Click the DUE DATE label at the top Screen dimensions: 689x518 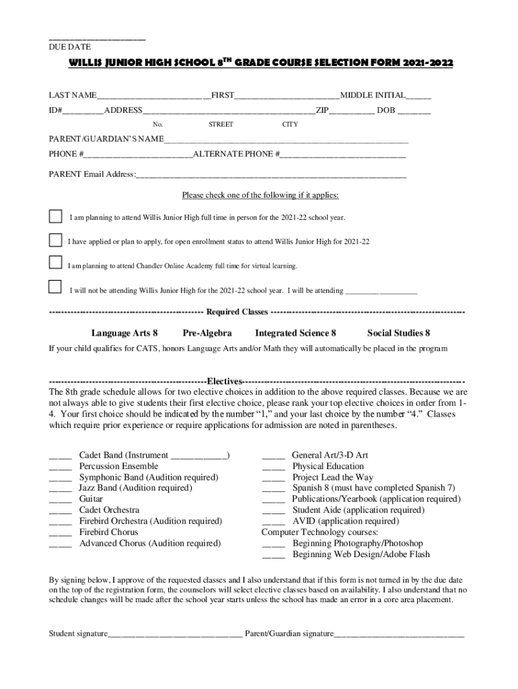[x=69, y=46]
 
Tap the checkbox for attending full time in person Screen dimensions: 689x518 [x=55, y=217]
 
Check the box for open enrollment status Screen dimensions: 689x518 [x=55, y=240]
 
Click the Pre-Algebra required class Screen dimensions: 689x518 [x=207, y=333]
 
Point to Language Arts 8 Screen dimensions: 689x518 [x=124, y=333]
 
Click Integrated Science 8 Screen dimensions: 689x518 [x=295, y=333]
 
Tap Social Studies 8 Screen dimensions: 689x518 [x=398, y=333]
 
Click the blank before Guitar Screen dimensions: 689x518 [x=61, y=500]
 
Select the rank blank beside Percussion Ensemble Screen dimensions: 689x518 [x=61, y=467]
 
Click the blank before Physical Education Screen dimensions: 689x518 [x=273, y=467]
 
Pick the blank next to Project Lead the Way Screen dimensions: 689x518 [x=273, y=478]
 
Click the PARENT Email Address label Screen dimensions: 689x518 [x=91, y=174]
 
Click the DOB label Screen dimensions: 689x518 [x=385, y=110]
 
